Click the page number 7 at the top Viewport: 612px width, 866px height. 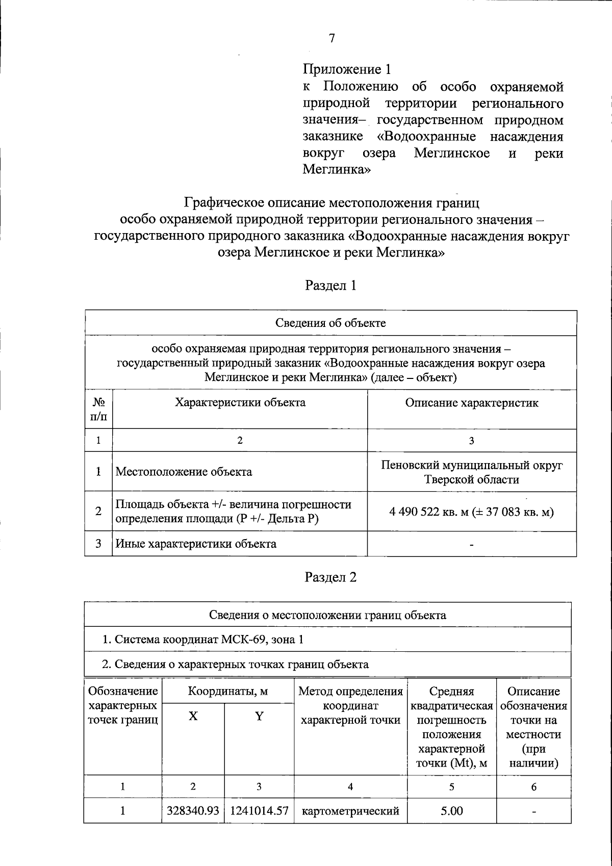coord(332,38)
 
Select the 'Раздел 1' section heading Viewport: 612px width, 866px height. coord(330,286)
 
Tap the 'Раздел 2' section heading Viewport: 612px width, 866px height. coord(330,577)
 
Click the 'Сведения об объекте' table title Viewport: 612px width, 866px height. coord(330,323)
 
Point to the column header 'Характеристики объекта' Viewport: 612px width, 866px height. coord(240,403)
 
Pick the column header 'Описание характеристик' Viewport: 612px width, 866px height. coord(472,403)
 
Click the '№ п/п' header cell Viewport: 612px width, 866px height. coord(98,410)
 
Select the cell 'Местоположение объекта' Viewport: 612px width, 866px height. coord(184,472)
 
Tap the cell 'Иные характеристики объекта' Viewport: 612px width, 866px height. coord(196,544)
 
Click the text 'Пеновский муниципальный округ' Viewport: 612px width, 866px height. coord(472,465)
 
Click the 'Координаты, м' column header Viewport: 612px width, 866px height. coord(228,692)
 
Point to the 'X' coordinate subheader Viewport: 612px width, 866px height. coord(193,717)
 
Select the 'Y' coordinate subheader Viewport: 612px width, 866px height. coord(259,717)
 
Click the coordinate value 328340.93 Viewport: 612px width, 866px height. coord(193,811)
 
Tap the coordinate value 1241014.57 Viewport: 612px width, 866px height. coord(259,811)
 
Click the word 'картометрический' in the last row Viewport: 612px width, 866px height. coord(350,811)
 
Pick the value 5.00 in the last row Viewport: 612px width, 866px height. coord(452,811)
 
